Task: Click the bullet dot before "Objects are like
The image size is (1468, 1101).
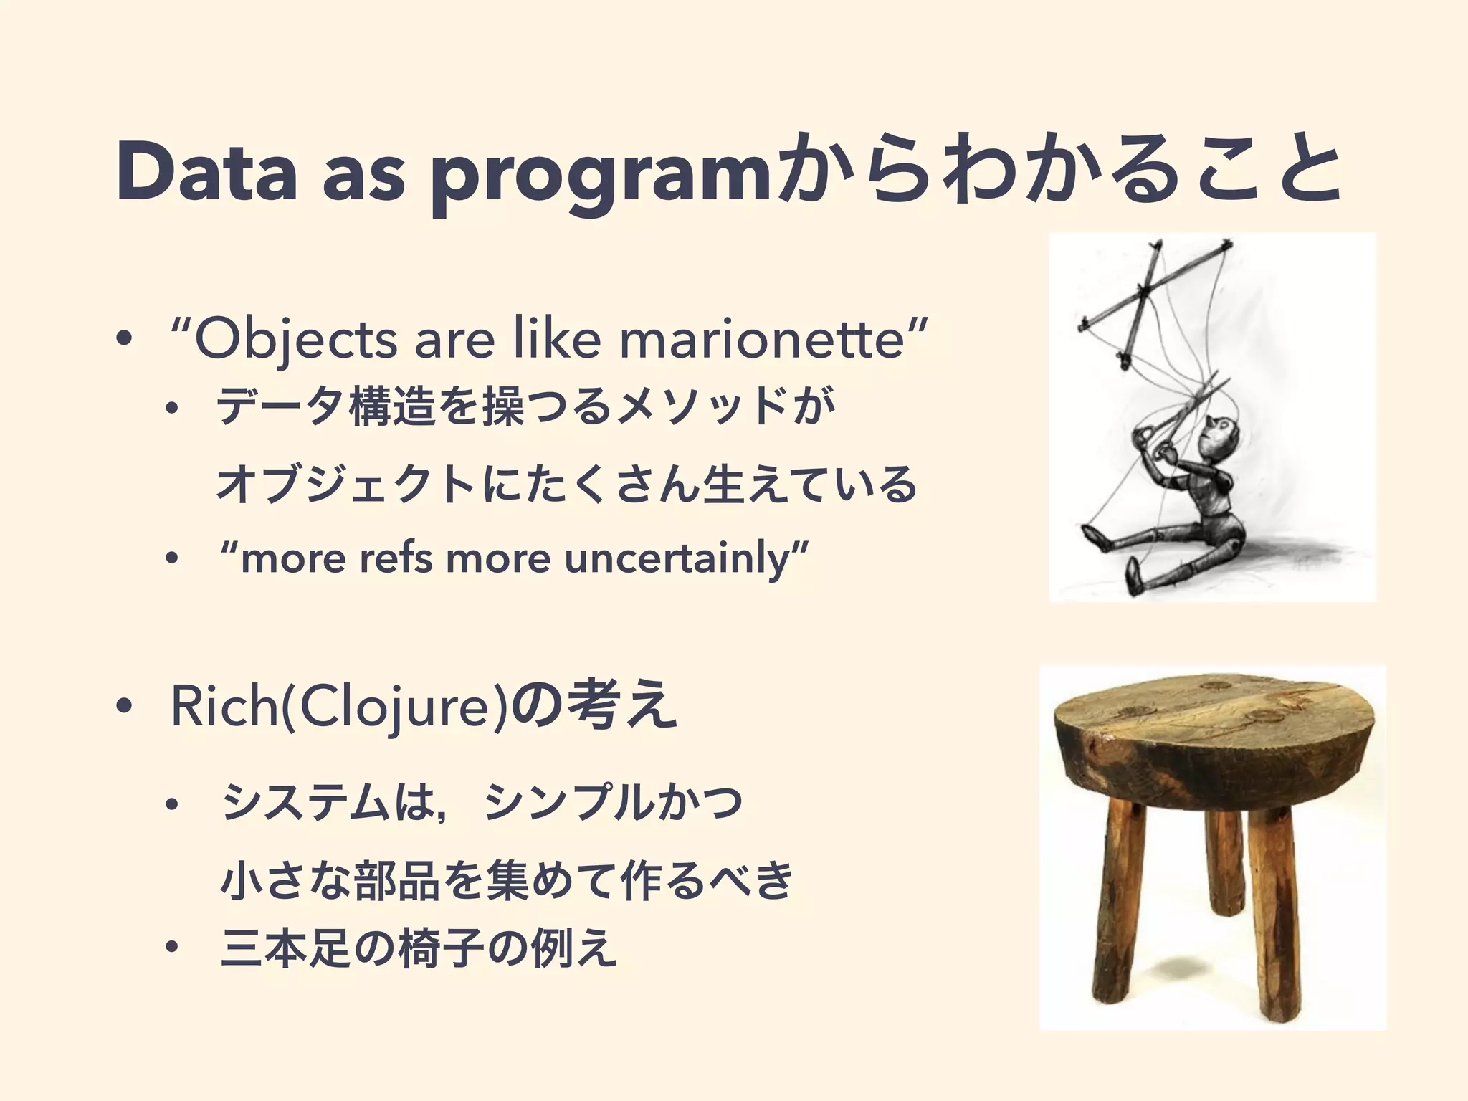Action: point(123,341)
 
